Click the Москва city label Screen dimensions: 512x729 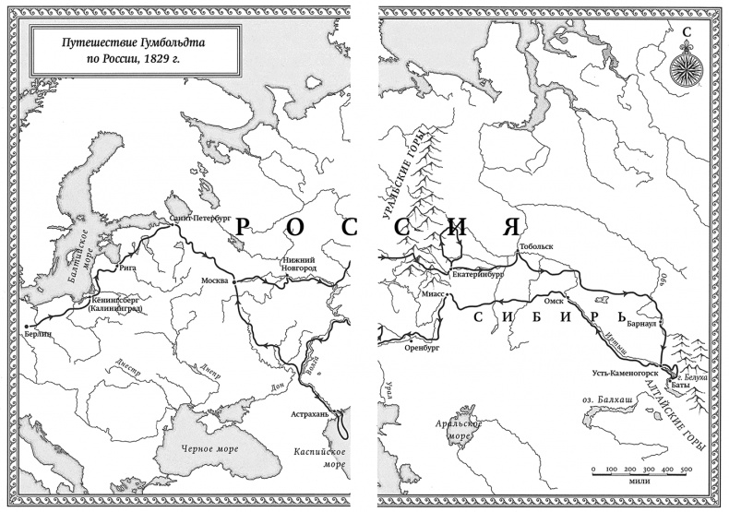click(215, 279)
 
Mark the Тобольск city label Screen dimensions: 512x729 click(536, 248)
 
